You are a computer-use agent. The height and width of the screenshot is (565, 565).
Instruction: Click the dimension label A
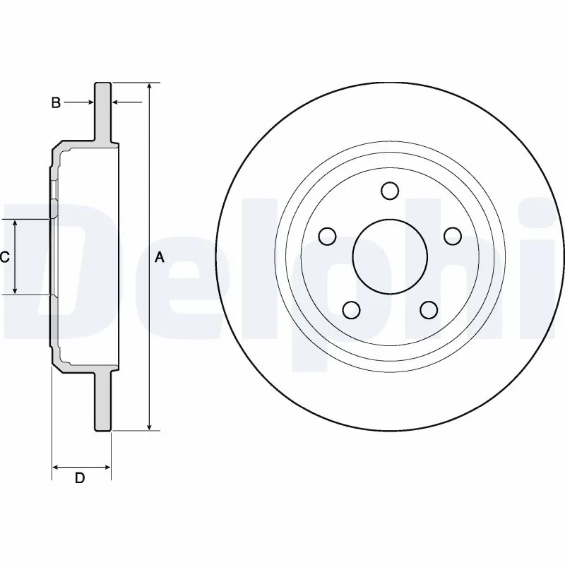pos(160,258)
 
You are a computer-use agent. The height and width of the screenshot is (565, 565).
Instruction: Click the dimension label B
pos(56,103)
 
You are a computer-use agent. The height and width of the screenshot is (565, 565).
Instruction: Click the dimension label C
pos(4,257)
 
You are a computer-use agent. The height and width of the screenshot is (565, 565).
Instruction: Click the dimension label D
pos(80,478)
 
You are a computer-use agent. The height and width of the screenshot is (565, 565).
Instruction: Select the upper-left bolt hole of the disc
pos(327,236)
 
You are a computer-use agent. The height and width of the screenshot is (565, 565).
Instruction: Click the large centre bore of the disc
pos(389,256)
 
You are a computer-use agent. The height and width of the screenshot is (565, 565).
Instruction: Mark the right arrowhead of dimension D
pos(107,467)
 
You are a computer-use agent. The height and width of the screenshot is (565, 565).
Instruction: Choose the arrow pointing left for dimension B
pos(117,103)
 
